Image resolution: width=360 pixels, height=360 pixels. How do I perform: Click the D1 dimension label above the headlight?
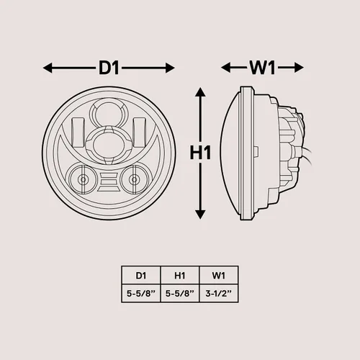pyautogui.click(x=109, y=68)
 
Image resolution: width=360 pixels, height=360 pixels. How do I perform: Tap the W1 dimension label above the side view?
pyautogui.click(x=262, y=68)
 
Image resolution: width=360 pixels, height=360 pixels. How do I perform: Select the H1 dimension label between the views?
pyautogui.click(x=200, y=153)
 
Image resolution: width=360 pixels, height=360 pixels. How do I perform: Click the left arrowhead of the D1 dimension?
pyautogui.click(x=48, y=68)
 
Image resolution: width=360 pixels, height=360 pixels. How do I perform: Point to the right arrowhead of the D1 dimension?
pyautogui.click(x=170, y=68)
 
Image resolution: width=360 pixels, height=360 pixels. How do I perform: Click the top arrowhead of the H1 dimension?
pyautogui.click(x=200, y=92)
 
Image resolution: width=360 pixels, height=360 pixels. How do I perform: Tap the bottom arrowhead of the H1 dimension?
pyautogui.click(x=200, y=215)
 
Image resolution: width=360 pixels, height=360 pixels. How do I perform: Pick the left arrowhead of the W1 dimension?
pyautogui.click(x=225, y=68)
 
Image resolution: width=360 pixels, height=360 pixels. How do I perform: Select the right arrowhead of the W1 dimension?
pyautogui.click(x=299, y=68)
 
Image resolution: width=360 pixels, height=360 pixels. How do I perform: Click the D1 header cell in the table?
pyautogui.click(x=141, y=276)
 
